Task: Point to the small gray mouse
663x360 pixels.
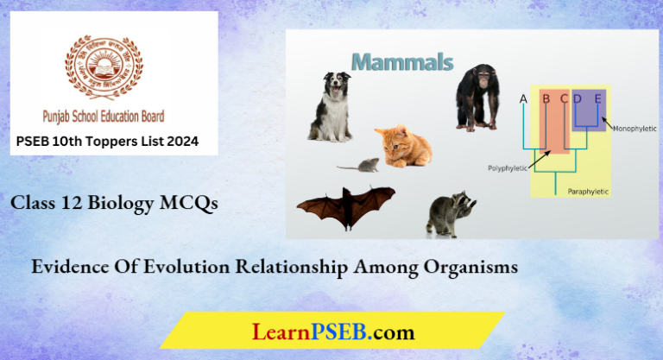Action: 359,164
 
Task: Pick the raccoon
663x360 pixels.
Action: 451,214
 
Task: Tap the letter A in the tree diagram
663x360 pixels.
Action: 523,98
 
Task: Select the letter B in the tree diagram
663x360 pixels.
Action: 546,98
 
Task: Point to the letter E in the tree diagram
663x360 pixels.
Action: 597,98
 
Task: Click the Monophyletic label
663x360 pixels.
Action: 635,129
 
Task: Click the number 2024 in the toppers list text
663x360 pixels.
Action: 180,142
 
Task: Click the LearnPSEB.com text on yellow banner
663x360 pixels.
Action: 332,332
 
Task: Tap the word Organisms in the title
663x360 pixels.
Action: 470,268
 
